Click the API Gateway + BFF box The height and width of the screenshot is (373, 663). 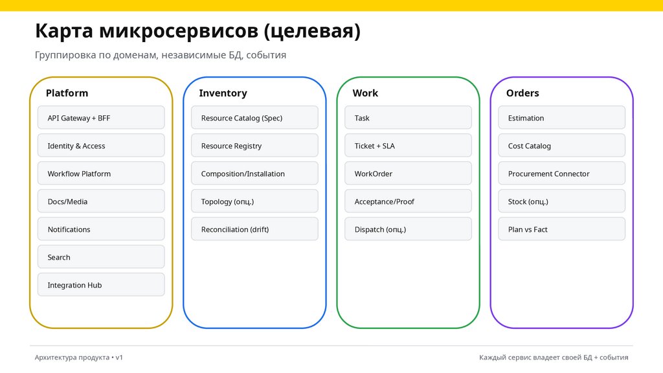click(x=101, y=118)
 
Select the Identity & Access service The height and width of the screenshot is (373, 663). click(x=101, y=146)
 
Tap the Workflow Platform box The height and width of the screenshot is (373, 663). click(x=101, y=174)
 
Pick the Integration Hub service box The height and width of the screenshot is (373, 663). click(x=101, y=285)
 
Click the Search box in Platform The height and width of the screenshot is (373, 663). click(x=101, y=257)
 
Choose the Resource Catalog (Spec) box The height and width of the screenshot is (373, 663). click(x=254, y=118)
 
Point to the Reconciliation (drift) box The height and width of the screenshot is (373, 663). click(x=254, y=229)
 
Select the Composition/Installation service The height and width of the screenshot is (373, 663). click(x=254, y=174)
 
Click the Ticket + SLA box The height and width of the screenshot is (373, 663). click(x=408, y=146)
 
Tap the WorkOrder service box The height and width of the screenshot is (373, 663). click(x=408, y=174)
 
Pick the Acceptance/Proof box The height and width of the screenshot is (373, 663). click(x=408, y=201)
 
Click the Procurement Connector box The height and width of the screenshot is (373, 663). click(x=561, y=174)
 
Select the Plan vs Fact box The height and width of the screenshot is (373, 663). click(x=561, y=229)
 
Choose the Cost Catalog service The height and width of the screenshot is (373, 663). click(x=561, y=146)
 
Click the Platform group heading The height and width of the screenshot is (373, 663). click(x=67, y=93)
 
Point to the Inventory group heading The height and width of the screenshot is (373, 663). click(x=223, y=93)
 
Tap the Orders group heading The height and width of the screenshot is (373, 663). click(x=523, y=93)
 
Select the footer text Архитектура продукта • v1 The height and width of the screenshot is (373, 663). click(x=79, y=357)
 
